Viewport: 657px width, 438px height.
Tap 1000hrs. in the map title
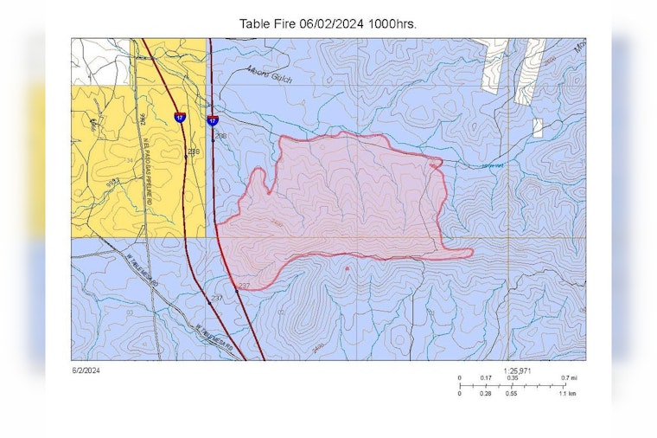point(392,23)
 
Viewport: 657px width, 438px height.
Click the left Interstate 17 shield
point(179,117)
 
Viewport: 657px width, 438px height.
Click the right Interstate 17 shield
point(213,120)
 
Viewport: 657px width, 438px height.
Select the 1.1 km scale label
point(568,394)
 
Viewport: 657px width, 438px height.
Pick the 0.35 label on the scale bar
point(513,378)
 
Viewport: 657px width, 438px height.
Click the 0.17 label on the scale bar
point(486,378)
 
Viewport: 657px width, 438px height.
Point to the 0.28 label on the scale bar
point(486,394)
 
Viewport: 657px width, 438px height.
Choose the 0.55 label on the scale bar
point(513,394)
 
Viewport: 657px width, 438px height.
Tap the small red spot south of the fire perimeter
point(347,268)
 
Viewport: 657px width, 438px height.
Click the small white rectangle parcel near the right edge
point(537,128)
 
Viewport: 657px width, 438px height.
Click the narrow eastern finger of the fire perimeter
point(456,254)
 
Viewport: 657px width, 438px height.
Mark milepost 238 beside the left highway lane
point(194,152)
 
